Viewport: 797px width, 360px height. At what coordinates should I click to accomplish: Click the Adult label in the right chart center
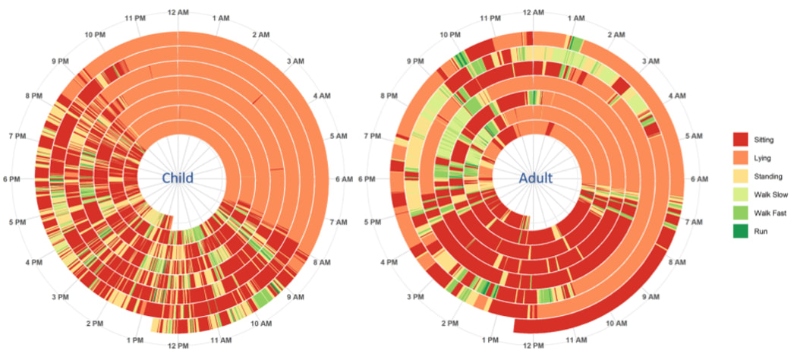coord(536,178)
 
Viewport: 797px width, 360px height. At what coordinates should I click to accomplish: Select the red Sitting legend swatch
coord(741,140)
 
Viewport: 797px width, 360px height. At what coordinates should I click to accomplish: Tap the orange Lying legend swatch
coord(741,158)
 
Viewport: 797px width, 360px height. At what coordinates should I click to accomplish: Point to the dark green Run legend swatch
coord(741,231)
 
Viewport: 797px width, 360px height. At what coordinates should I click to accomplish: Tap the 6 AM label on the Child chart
coord(344,179)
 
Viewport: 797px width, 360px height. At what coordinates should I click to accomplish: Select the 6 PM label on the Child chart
coord(12,179)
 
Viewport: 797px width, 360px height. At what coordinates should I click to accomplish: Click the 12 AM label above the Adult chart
coord(534,12)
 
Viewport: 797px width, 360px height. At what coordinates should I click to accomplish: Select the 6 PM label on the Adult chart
coord(368,179)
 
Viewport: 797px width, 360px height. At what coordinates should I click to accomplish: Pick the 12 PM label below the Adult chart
coord(534,346)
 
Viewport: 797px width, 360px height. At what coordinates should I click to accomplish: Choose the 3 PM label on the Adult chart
coord(416,297)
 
